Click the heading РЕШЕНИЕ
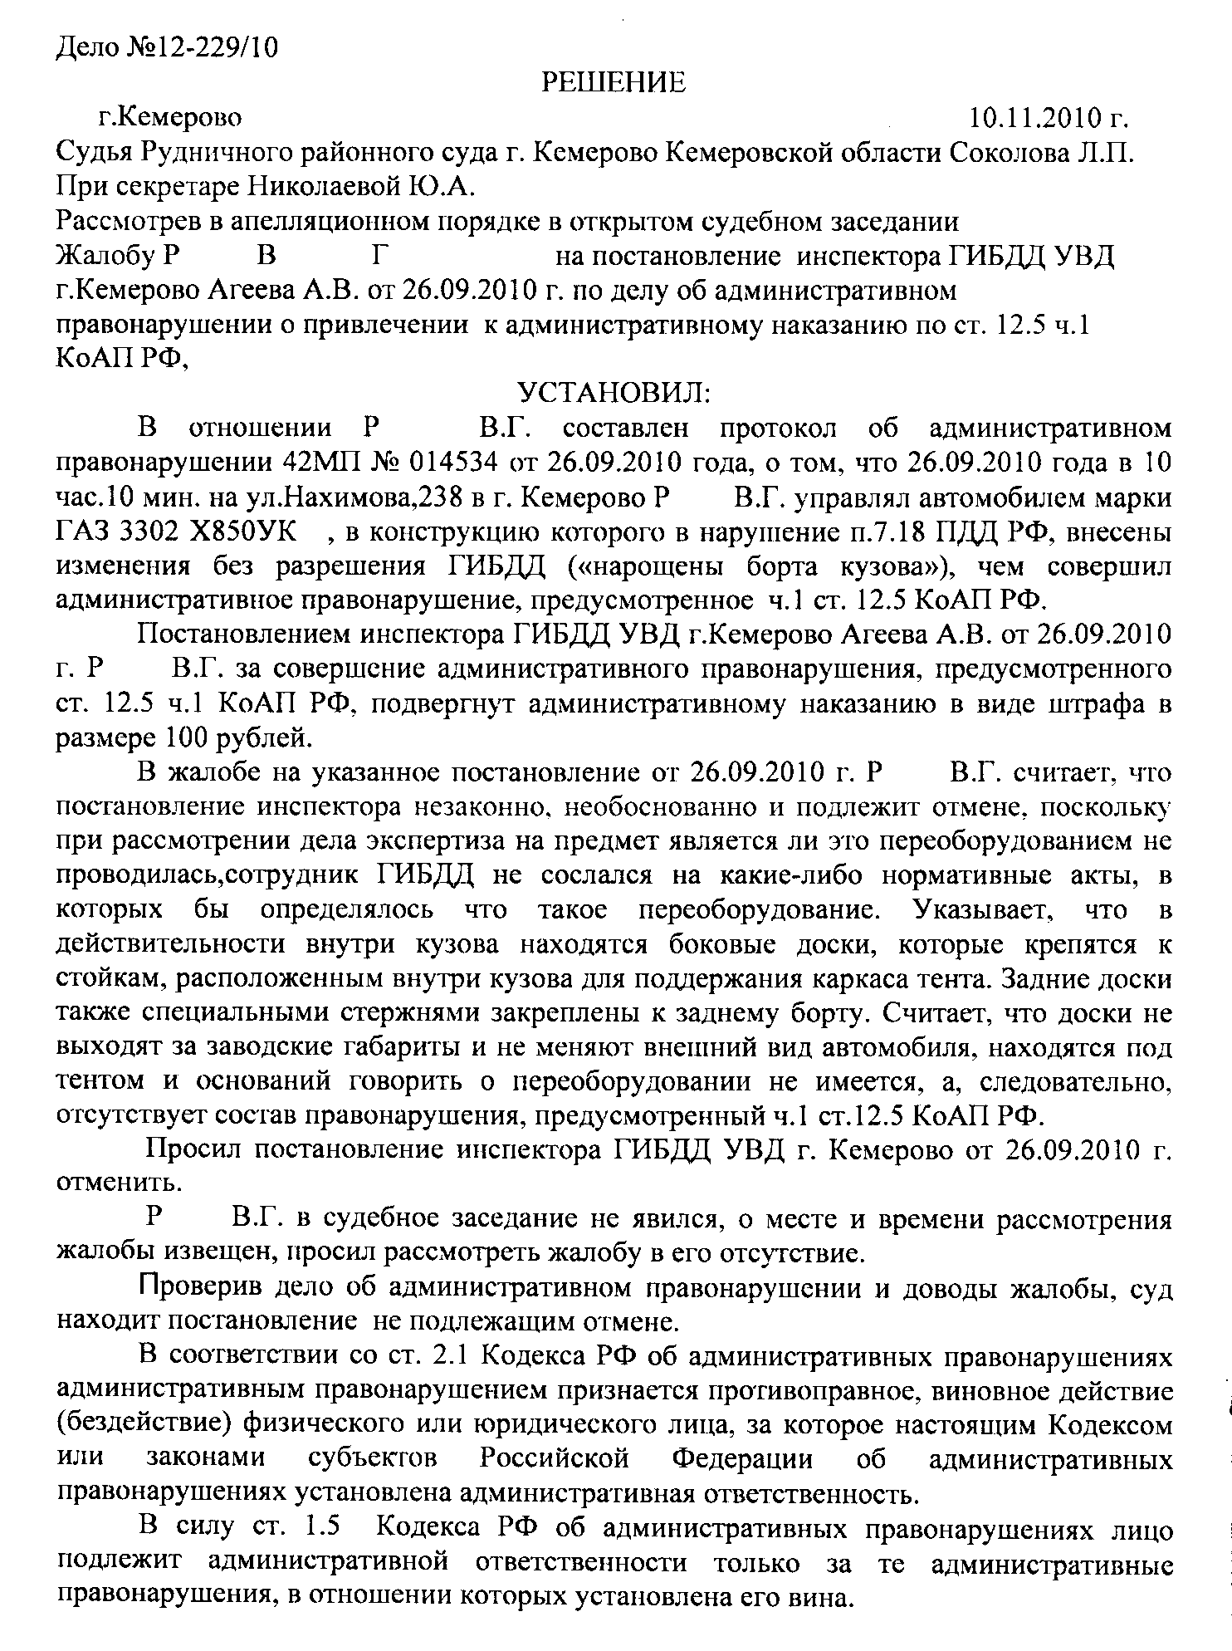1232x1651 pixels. pyautogui.click(x=614, y=82)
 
